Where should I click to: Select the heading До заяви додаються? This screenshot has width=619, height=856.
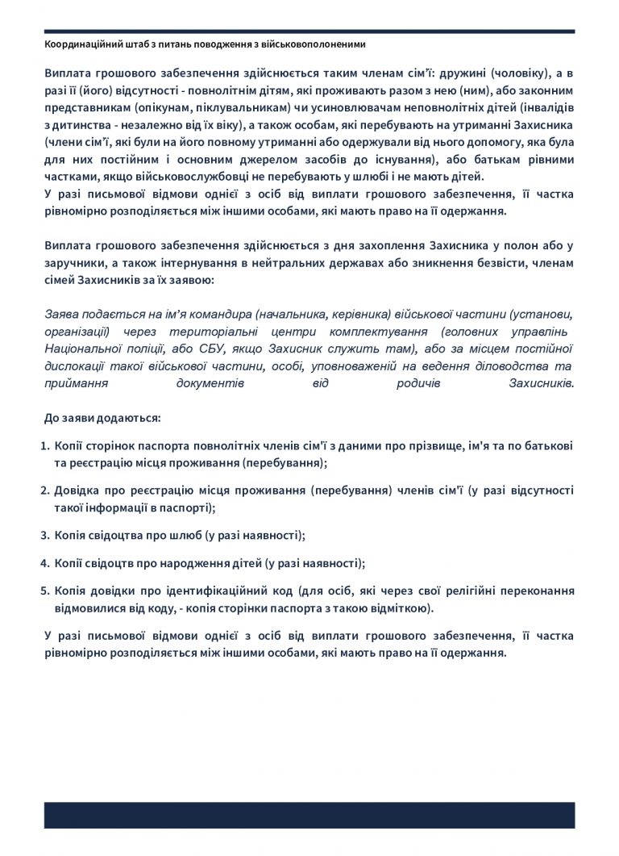point(102,419)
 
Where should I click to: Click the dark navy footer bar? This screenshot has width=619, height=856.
point(309,815)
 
